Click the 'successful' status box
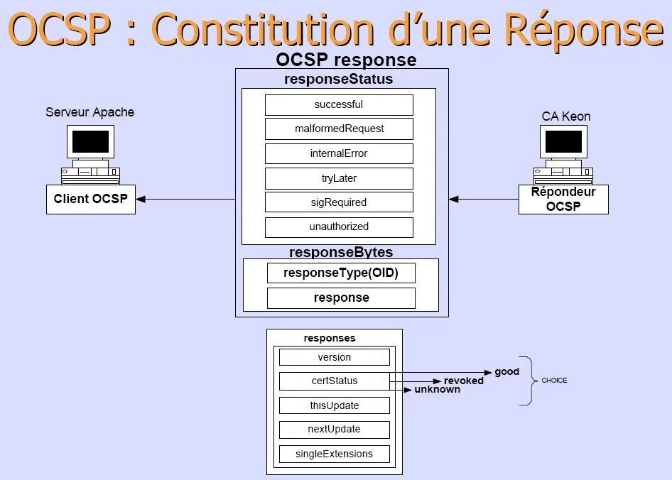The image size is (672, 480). pos(339,105)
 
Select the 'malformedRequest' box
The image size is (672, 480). pos(339,129)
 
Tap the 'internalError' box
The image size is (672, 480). pos(339,153)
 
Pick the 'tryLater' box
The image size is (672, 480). pos(339,178)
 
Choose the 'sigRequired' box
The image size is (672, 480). pos(339,202)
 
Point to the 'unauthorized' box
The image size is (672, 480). pos(339,227)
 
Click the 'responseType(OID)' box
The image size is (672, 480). pos(341,273)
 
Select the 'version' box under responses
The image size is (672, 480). pos(334,357)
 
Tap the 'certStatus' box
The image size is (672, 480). pos(334,381)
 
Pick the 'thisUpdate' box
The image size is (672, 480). pos(334,405)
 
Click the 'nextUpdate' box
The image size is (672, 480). pos(334,430)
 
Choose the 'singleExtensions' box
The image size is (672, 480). pos(334,454)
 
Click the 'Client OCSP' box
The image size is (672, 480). pos(91,199)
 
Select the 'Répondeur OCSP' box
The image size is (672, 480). pos(563,200)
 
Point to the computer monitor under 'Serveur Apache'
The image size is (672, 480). pos(90,143)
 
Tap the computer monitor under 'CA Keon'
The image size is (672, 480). pos(563,143)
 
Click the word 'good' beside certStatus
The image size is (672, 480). pos(507,372)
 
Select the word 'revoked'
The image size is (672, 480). pos(464,381)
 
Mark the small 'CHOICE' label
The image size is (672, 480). pos(554,381)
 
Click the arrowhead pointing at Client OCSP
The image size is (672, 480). pos(141,200)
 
